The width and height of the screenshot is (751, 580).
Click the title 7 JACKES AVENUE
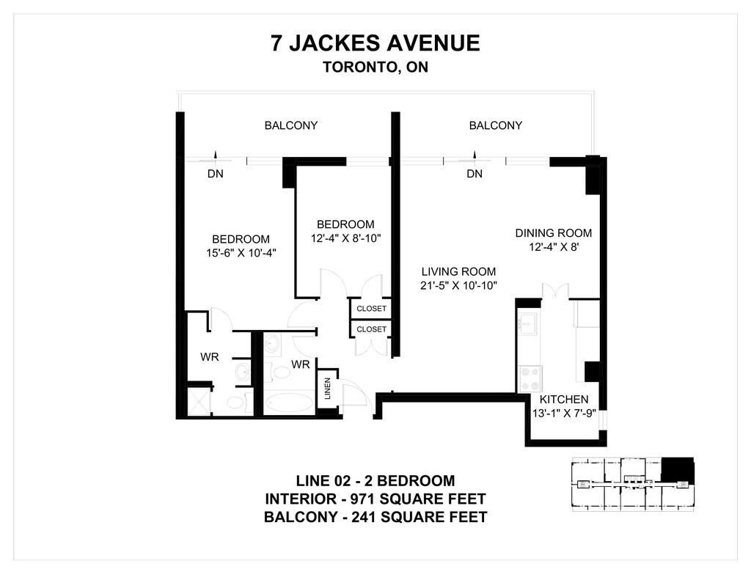[375, 43]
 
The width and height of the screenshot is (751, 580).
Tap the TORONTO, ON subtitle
[375, 67]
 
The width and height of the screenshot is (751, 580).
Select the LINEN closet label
[328, 389]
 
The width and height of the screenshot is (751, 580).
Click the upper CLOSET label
[371, 309]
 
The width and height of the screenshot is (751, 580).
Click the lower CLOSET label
[371, 329]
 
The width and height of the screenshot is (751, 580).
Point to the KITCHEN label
[564, 400]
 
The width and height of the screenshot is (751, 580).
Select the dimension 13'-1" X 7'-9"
[564, 414]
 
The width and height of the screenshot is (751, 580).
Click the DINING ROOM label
[553, 233]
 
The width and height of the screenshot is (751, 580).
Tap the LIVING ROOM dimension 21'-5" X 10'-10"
[458, 285]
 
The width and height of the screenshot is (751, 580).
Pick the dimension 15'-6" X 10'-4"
[241, 253]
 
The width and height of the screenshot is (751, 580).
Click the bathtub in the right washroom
[289, 403]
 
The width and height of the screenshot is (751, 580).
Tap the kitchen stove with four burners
[530, 379]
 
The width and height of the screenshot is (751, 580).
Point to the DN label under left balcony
[216, 174]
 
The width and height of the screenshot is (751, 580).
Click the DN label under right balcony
[475, 174]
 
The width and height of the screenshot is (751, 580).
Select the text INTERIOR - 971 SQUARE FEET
[375, 499]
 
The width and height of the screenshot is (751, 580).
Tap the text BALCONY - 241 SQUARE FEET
[375, 517]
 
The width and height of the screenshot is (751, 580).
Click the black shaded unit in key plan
[677, 470]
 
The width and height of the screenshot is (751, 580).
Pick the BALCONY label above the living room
[495, 125]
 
